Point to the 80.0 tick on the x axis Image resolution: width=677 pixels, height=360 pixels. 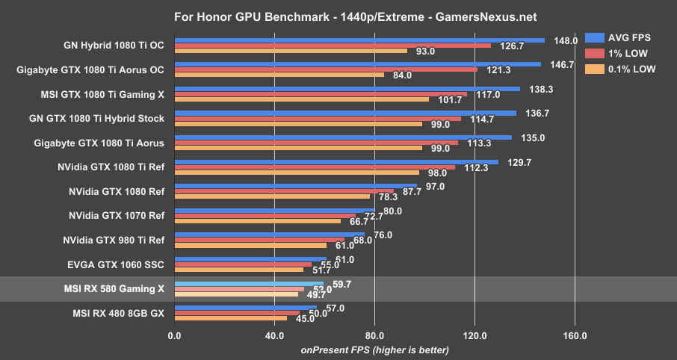tap(374, 336)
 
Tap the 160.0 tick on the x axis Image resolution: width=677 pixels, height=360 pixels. tap(575, 336)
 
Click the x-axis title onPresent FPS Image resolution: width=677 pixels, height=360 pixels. tap(374, 350)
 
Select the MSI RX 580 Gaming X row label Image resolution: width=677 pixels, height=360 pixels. tap(115, 288)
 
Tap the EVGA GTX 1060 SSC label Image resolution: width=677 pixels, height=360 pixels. tap(115, 264)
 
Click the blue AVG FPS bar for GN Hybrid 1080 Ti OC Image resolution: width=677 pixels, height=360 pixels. tap(359, 40)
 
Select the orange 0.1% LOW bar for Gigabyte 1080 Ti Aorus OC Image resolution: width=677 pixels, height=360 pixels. tap(279, 75)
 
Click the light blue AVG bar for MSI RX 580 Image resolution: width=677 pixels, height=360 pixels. tap(249, 283)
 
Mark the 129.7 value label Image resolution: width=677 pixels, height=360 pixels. tap(513, 162)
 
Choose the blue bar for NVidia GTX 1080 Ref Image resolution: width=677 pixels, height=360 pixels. tap(295, 186)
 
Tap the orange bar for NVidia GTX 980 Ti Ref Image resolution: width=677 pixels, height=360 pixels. tap(250, 245)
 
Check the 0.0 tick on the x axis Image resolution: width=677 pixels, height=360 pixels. tap(174, 336)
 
